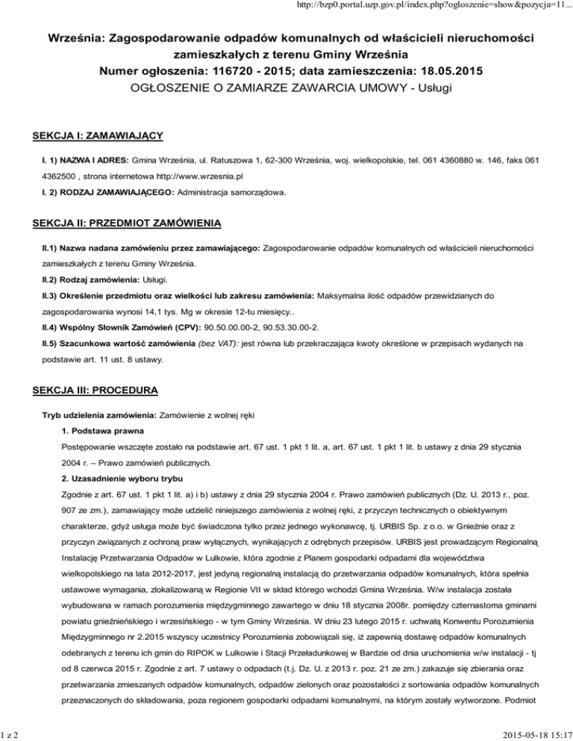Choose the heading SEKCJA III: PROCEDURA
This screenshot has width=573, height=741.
pos(92,389)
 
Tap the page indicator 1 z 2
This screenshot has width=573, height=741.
pos(13,732)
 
